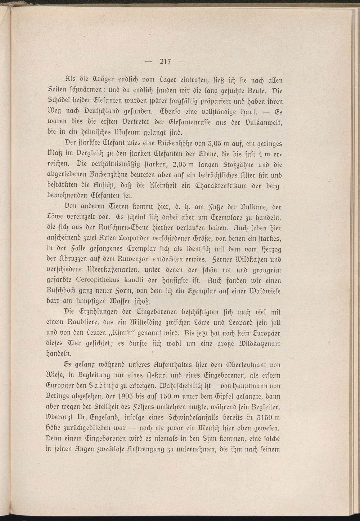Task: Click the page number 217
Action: point(166,61)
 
